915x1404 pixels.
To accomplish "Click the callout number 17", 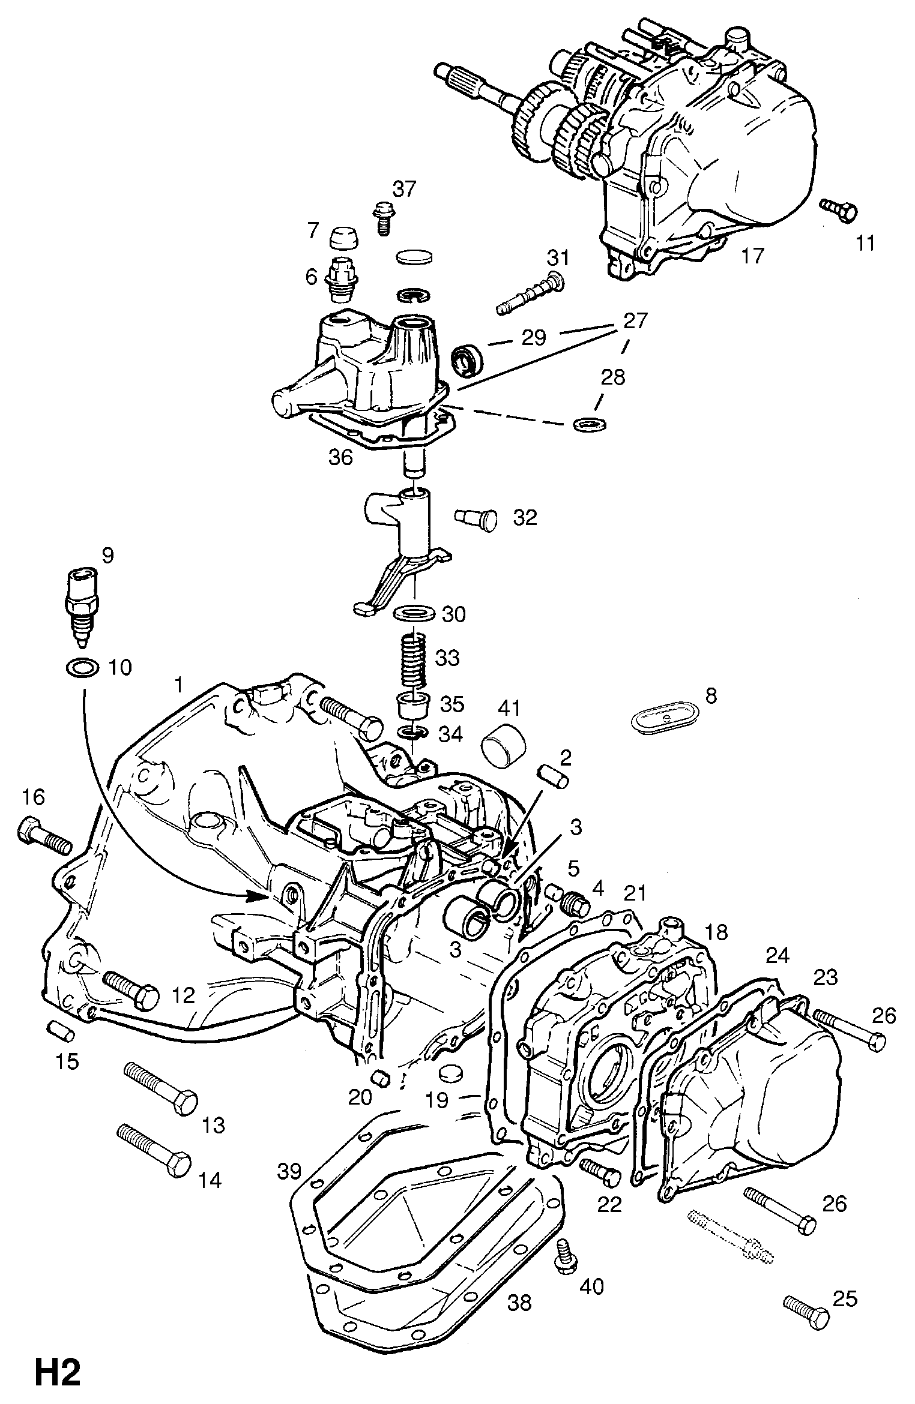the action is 752,256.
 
